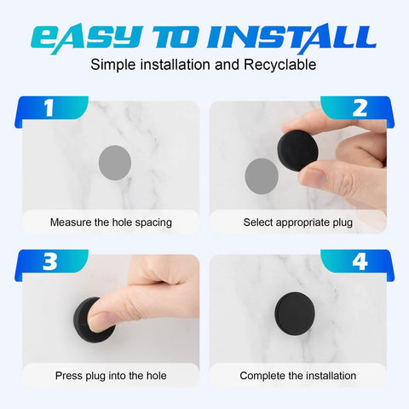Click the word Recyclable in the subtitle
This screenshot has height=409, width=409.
(x=285, y=65)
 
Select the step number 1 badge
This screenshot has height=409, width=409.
(x=49, y=108)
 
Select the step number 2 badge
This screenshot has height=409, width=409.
(x=360, y=108)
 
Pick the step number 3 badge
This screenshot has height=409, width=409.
(x=49, y=262)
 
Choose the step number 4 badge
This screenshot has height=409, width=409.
(x=360, y=262)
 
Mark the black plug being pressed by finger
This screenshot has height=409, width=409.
(x=93, y=319)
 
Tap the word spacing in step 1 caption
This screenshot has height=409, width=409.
(x=152, y=222)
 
